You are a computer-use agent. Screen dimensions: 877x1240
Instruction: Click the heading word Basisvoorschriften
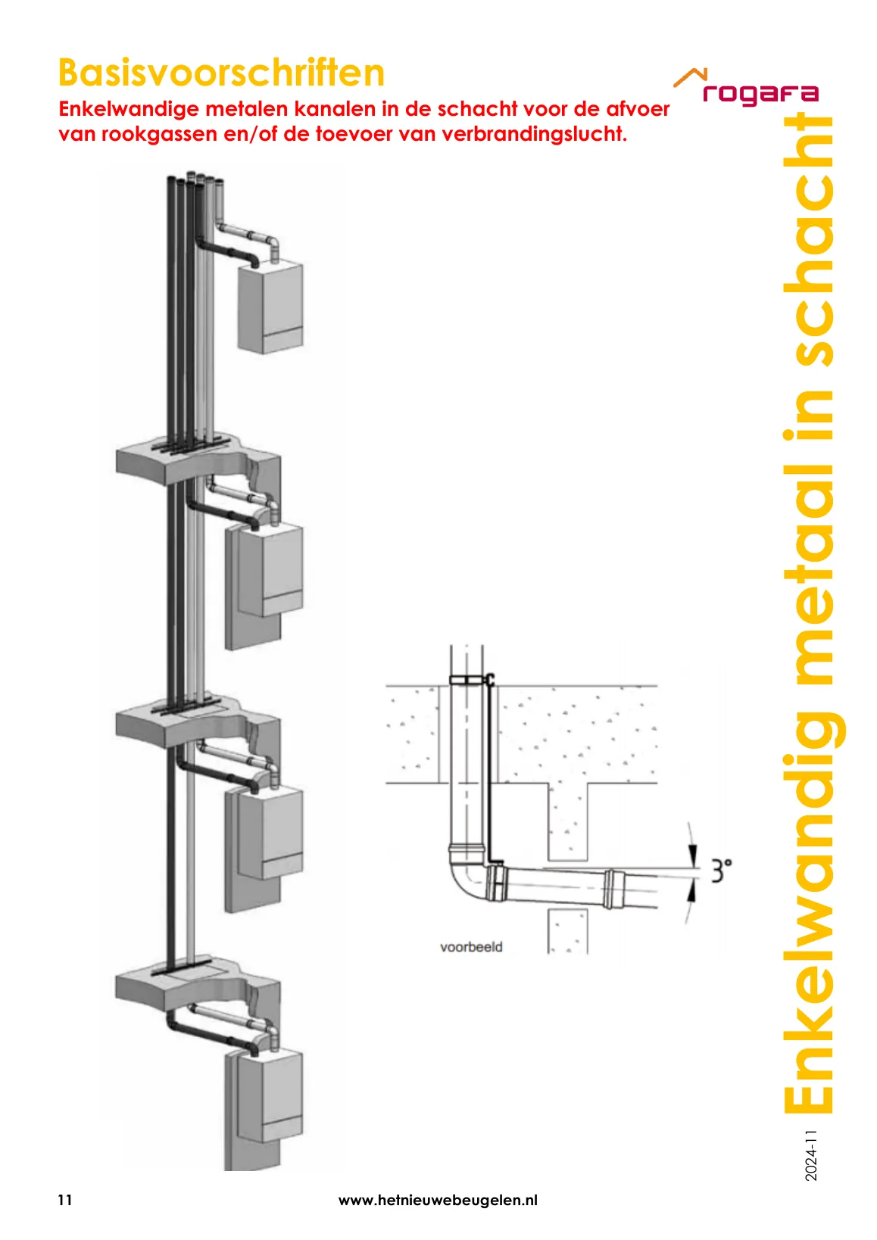pyautogui.click(x=221, y=73)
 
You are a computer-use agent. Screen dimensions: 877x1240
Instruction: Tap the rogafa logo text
pyautogui.click(x=760, y=94)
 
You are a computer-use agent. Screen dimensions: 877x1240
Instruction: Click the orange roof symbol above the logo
pyautogui.click(x=691, y=77)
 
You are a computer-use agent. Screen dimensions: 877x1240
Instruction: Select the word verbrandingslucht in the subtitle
pyautogui.click(x=532, y=134)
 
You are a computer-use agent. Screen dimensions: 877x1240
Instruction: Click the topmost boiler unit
pyautogui.click(x=270, y=308)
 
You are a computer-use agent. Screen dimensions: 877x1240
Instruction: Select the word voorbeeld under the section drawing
pyautogui.click(x=471, y=947)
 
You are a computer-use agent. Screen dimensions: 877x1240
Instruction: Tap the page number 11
pyautogui.click(x=65, y=1200)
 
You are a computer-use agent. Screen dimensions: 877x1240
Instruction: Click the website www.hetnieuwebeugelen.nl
pyautogui.click(x=438, y=1200)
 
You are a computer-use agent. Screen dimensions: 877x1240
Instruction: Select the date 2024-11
pyautogui.click(x=810, y=1156)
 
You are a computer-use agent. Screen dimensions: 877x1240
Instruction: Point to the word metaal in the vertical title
pyautogui.click(x=809, y=559)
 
